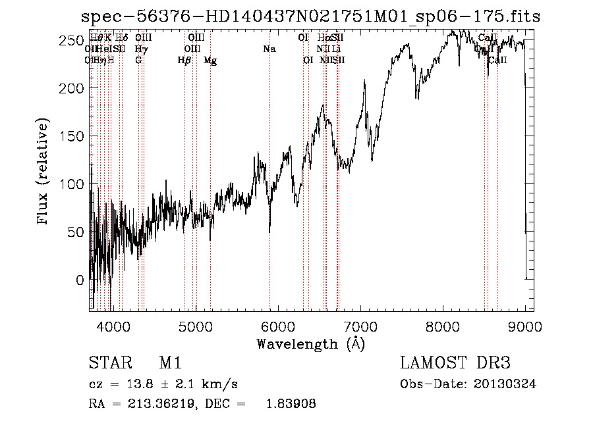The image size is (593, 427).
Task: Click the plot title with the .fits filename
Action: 306,17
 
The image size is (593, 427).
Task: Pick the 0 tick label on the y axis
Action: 80,280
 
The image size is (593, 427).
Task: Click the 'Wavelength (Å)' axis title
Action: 310,343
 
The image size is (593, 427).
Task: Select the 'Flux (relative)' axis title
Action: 44,172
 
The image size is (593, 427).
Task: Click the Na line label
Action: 269,49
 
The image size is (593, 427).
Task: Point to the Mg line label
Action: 210,61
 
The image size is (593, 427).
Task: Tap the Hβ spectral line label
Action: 184,61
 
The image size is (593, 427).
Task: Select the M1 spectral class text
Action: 170,363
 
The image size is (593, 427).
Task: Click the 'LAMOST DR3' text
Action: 455,363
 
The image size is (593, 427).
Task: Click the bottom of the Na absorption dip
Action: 269,232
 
